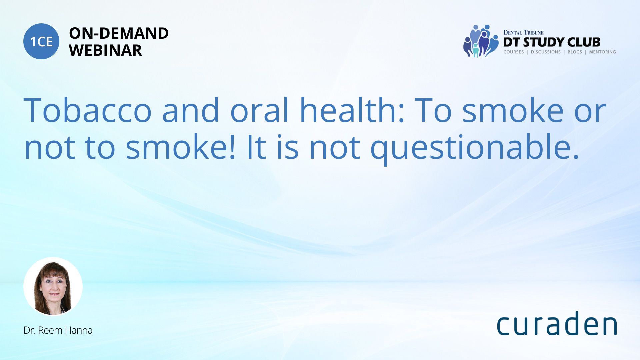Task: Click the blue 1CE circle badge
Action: [x=41, y=41]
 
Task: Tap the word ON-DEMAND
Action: [x=119, y=33]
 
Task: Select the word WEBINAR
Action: [x=105, y=50]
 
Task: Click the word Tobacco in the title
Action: [x=88, y=110]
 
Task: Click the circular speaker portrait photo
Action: [x=53, y=287]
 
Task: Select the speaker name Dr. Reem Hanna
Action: [x=58, y=330]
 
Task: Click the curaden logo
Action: [x=557, y=323]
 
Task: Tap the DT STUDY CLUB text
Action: [x=552, y=42]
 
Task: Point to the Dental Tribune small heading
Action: [x=523, y=33]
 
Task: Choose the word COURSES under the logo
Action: [x=513, y=52]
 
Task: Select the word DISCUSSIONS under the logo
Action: [x=546, y=52]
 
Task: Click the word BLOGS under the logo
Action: [x=575, y=52]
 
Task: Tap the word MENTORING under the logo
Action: [x=602, y=52]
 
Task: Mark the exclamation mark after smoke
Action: [x=232, y=147]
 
